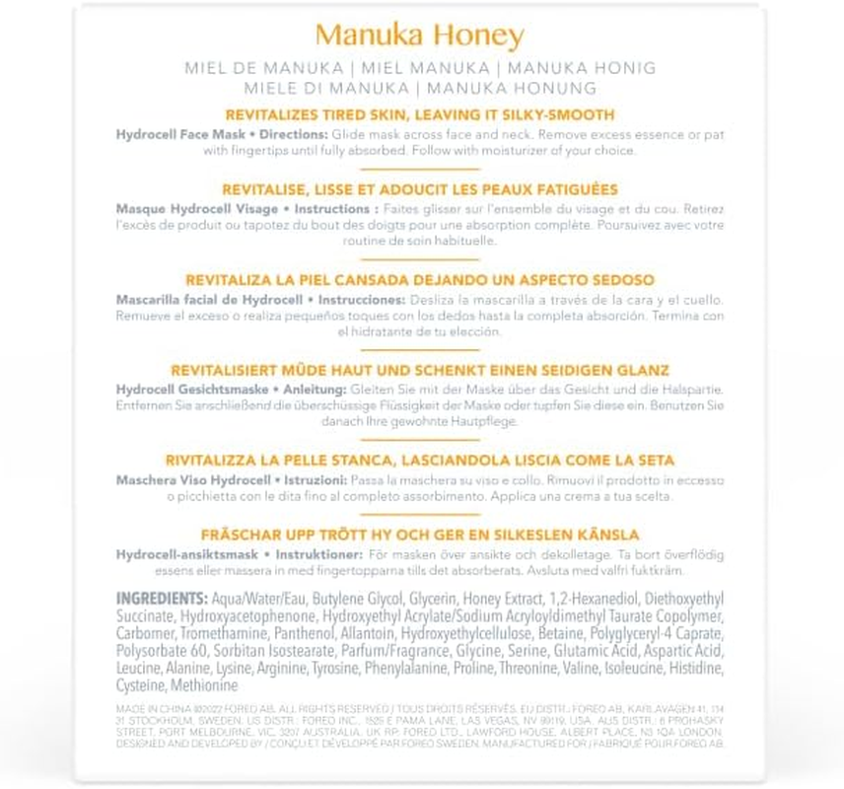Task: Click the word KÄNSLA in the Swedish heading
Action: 604,535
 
